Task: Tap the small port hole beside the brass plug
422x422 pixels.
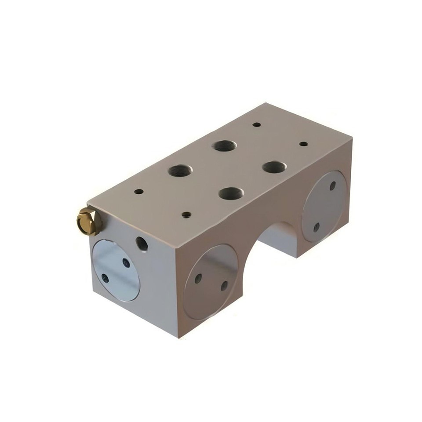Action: (142, 243)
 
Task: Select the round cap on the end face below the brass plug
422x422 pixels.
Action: (116, 270)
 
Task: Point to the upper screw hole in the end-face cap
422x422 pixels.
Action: (126, 263)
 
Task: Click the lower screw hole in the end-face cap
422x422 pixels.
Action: (105, 278)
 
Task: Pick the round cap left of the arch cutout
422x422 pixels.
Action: (211, 281)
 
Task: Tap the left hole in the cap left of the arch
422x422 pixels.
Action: (198, 278)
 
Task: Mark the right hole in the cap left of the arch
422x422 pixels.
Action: (224, 285)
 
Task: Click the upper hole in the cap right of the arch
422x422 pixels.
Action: (333, 186)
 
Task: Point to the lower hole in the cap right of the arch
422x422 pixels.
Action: (316, 227)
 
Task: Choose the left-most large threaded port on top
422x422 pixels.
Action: (180, 170)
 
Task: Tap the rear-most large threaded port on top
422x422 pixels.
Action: (224, 146)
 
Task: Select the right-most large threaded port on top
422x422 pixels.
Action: (275, 167)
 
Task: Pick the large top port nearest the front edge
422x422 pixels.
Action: (231, 193)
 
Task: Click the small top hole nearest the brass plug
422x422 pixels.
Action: (139, 192)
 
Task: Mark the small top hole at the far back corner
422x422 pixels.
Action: (257, 124)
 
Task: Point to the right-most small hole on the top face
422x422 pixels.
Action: (303, 144)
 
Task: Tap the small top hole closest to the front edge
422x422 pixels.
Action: (186, 215)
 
